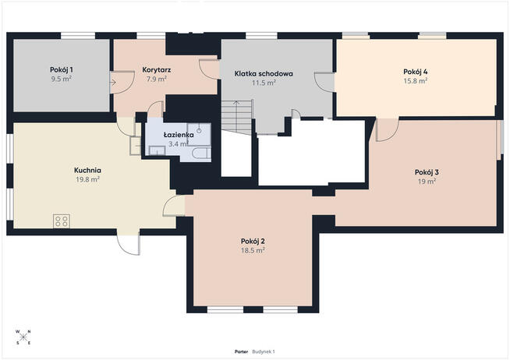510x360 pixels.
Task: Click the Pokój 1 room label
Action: click(61, 69)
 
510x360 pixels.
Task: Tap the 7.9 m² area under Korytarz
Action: click(157, 79)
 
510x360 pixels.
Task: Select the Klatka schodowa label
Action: click(264, 74)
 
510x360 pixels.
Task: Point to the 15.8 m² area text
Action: click(416, 81)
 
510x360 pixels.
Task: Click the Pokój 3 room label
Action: click(427, 172)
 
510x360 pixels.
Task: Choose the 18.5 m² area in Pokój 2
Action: click(253, 250)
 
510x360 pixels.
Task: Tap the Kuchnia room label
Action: click(87, 170)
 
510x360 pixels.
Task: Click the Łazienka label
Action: click(179, 135)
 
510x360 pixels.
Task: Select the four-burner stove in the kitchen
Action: click(62, 221)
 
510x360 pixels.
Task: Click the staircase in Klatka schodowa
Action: click(237, 117)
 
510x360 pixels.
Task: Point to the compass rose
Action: click(23, 337)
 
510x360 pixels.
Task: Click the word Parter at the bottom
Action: click(241, 351)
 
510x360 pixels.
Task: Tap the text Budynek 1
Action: click(264, 351)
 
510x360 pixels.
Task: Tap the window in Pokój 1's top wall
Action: click(78, 36)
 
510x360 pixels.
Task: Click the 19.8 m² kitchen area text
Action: click(87, 179)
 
